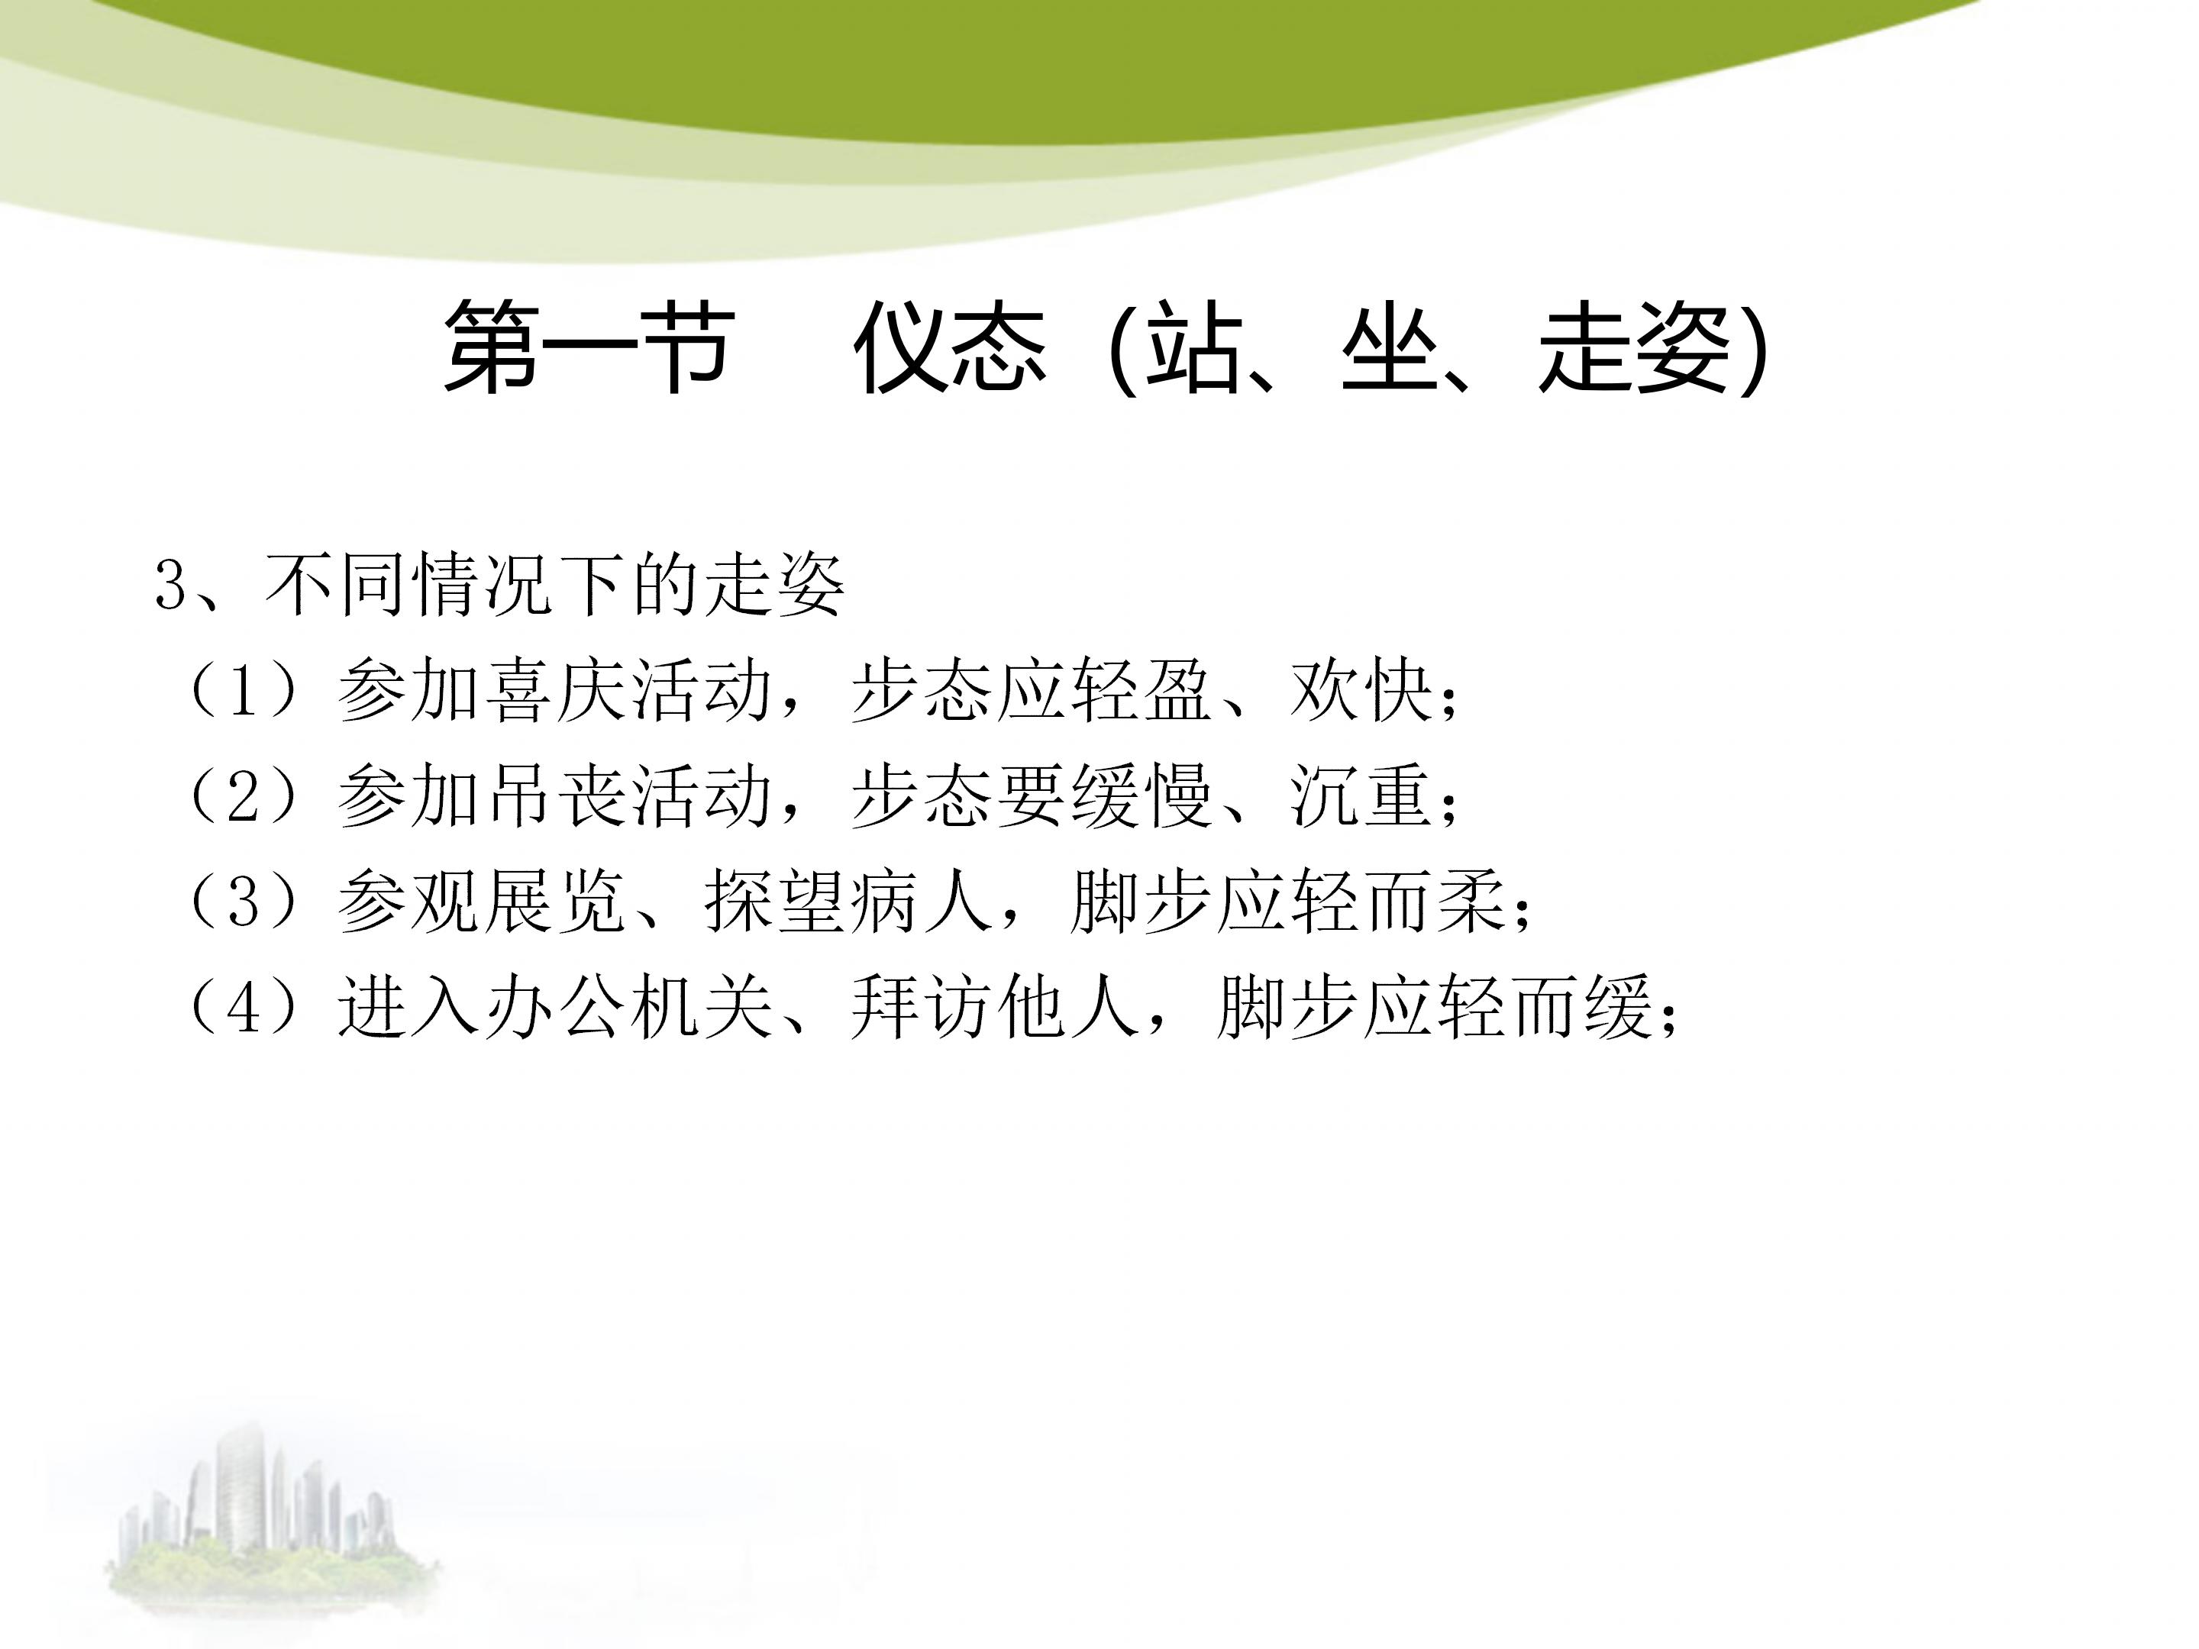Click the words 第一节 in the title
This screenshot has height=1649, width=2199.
click(x=589, y=348)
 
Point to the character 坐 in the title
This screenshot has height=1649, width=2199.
click(x=1389, y=348)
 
